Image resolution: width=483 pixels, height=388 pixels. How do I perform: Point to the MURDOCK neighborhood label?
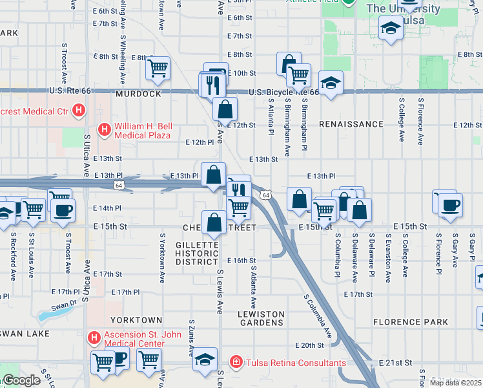pos(138,94)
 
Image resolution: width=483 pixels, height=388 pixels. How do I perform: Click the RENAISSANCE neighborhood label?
pos(351,124)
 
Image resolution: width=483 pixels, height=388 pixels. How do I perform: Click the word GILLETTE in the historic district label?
pos(198,244)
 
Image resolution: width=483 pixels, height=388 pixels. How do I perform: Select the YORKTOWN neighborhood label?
pos(136,320)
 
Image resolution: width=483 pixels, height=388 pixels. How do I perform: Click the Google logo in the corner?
pos(21,380)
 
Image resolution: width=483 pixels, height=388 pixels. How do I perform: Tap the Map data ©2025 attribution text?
pos(456,383)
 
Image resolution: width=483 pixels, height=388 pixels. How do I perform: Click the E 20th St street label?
pos(307,346)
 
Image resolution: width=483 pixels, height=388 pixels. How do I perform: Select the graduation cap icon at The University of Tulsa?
pos(390,28)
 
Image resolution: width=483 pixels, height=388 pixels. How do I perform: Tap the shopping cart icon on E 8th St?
pos(158,67)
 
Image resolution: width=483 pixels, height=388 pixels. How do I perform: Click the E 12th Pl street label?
pos(199,142)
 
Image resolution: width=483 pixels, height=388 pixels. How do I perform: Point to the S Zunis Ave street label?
pos(191,338)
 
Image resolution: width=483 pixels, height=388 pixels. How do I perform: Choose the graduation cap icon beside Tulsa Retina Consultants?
pos(205,360)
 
